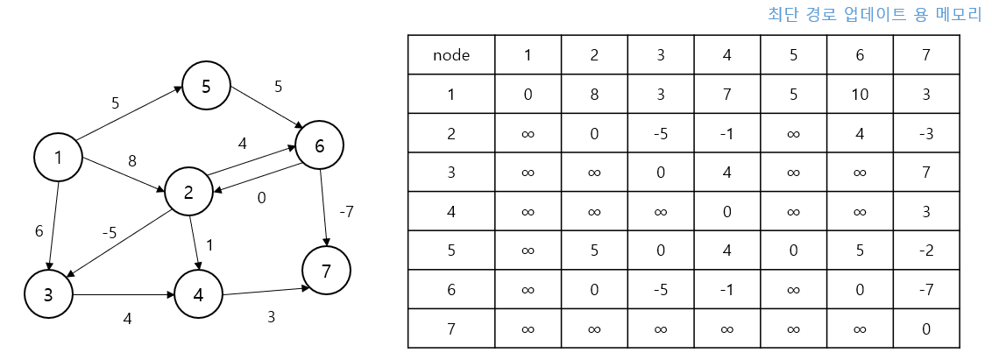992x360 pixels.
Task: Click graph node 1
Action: (58, 158)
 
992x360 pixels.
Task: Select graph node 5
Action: (206, 86)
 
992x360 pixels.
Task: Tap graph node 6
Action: (319, 146)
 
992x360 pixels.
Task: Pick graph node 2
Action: (188, 194)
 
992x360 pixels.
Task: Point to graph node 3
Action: (49, 295)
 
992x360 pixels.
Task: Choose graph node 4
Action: (198, 295)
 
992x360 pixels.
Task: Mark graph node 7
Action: (327, 272)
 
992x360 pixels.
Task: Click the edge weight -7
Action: (347, 211)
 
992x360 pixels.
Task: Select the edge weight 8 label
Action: (132, 161)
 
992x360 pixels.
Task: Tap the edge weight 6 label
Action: (39, 231)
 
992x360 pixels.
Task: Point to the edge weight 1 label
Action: (209, 245)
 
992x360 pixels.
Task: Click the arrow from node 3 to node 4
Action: (124, 295)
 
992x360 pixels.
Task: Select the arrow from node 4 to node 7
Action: (266, 291)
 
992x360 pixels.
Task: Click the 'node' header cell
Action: (451, 55)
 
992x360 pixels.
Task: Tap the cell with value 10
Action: (860, 95)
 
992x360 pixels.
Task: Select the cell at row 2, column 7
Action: (926, 133)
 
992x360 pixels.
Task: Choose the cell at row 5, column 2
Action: (594, 251)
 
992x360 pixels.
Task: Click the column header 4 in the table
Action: (727, 55)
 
